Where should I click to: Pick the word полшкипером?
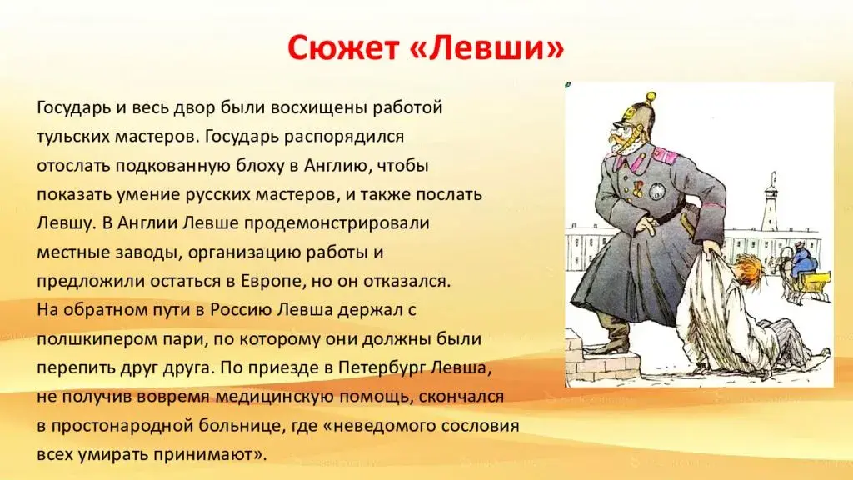pos(97,339)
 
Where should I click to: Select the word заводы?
pos(144,252)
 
